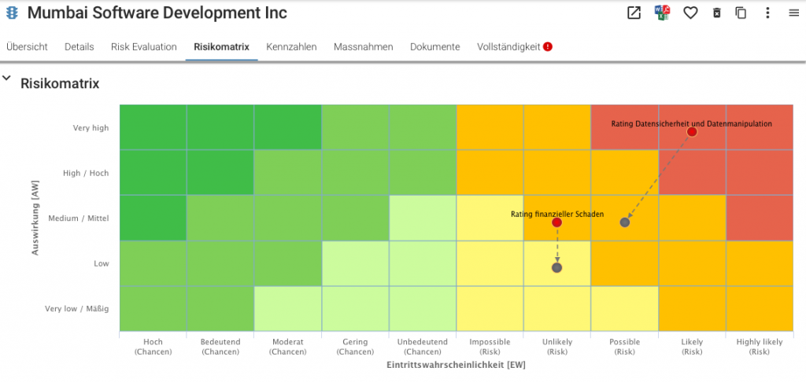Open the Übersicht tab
(x=27, y=46)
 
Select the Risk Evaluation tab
(x=144, y=46)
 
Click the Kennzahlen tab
(x=291, y=46)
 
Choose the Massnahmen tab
(x=364, y=46)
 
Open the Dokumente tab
(x=434, y=46)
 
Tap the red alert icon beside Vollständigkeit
(x=548, y=46)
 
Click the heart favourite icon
(x=690, y=13)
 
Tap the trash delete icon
(x=716, y=13)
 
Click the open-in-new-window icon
(x=634, y=13)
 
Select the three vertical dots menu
(x=767, y=13)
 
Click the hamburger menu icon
(x=793, y=13)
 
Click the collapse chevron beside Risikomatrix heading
(x=6, y=79)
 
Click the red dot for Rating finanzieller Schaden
(x=556, y=222)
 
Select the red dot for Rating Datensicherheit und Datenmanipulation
(x=692, y=132)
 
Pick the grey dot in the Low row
(x=556, y=267)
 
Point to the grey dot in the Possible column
(x=624, y=222)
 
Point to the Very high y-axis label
(x=91, y=128)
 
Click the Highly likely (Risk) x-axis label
(x=760, y=347)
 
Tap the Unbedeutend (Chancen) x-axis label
(x=423, y=347)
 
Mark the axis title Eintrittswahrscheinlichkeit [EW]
(x=456, y=365)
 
